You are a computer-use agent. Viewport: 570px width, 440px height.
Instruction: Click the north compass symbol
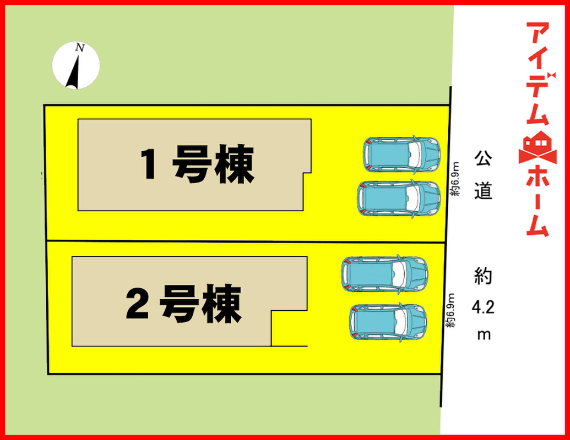75,65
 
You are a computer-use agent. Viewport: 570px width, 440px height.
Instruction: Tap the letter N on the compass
80,48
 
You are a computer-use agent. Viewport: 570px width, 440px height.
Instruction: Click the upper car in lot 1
401,153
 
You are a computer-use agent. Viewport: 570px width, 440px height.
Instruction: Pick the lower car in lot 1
399,198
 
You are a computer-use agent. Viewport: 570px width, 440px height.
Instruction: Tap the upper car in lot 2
384,273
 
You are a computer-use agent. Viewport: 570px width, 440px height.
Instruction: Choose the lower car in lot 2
388,321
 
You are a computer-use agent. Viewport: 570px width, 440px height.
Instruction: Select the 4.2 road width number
483,307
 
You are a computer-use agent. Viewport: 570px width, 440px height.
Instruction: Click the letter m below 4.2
484,334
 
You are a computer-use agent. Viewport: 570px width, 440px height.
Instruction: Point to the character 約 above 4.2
483,276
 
